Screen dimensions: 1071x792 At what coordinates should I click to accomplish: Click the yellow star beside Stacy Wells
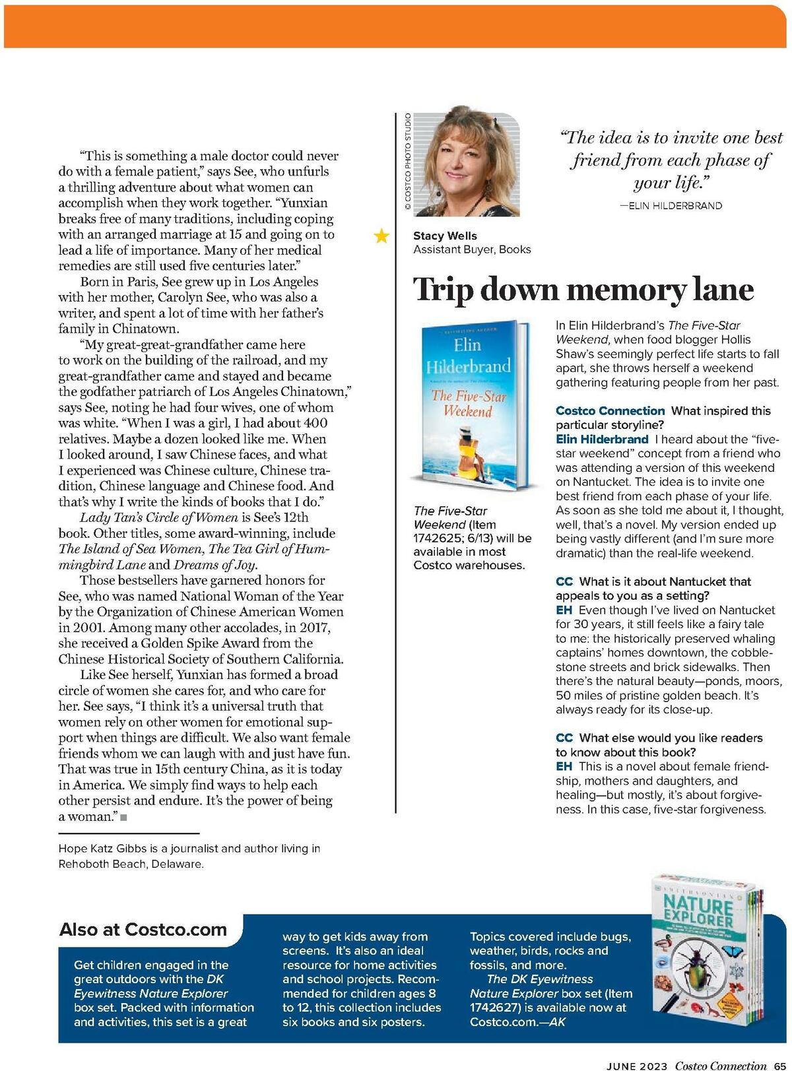point(381,236)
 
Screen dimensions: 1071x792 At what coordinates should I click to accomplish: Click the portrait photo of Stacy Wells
point(466,162)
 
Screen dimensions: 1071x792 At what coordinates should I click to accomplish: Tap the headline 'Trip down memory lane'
point(583,290)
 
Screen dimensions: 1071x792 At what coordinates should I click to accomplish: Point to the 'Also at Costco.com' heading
point(143,929)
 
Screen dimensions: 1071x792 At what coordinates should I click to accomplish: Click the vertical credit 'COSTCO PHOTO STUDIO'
point(408,162)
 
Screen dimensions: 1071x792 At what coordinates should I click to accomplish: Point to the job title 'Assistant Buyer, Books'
point(472,249)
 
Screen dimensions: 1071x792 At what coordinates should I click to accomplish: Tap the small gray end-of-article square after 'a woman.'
point(123,817)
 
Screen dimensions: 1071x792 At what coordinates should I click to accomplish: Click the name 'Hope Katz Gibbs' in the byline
point(100,849)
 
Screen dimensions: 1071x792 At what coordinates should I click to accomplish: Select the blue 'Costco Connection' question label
point(610,410)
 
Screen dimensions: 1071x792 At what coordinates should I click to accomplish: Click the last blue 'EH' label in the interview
point(564,766)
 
